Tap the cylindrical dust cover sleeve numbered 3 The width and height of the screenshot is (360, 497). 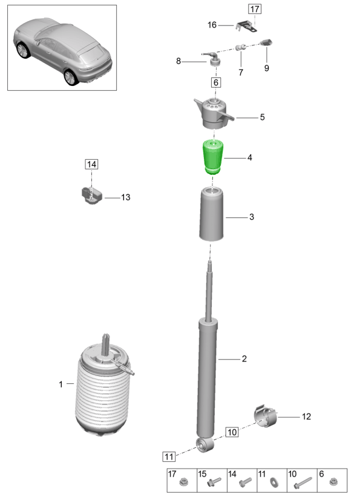[212, 215]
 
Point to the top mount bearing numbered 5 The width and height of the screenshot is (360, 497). [214, 114]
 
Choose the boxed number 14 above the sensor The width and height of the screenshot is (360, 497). [91, 164]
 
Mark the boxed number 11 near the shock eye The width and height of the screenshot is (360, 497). [168, 456]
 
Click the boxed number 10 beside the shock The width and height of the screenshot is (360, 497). [232, 432]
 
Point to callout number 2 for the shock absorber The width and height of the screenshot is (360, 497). [244, 359]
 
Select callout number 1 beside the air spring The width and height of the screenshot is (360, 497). [61, 384]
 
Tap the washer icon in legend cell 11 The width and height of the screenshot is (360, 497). [272, 483]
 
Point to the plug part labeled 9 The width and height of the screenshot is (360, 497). [267, 43]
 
